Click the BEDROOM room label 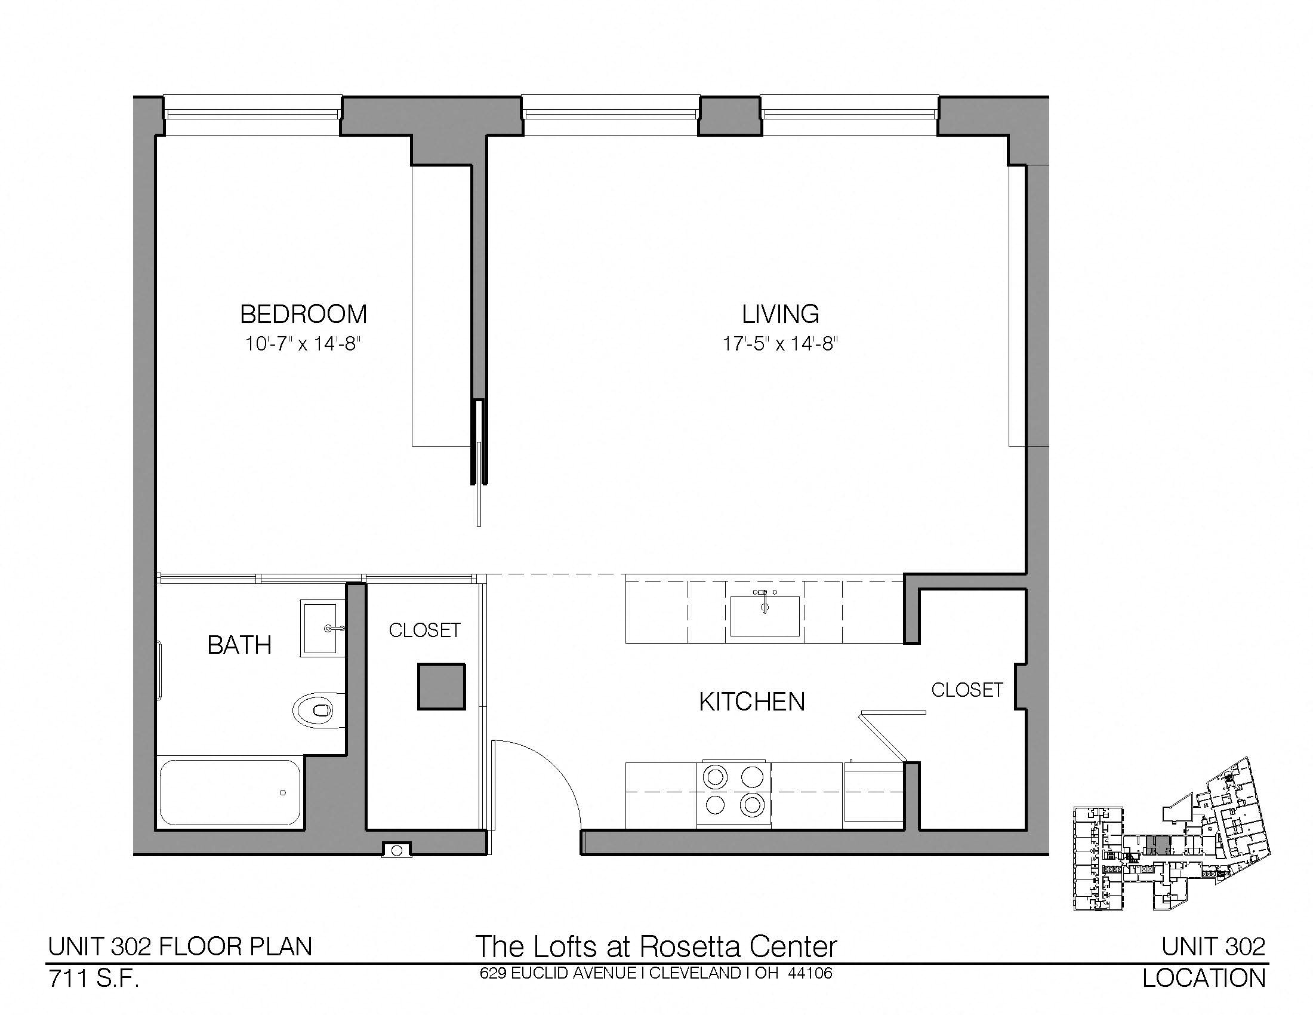pyautogui.click(x=304, y=314)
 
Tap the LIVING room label pyautogui.click(x=780, y=314)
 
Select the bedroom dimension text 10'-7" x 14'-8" pyautogui.click(x=303, y=344)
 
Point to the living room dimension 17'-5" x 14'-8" pyautogui.click(x=781, y=344)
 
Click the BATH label pyautogui.click(x=239, y=645)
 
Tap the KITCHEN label pyautogui.click(x=751, y=702)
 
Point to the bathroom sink pyautogui.click(x=322, y=628)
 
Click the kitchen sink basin pyautogui.click(x=765, y=616)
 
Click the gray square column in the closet pyautogui.click(x=442, y=687)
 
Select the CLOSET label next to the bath pyautogui.click(x=424, y=630)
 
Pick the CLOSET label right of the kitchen pyautogui.click(x=967, y=690)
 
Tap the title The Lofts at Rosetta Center pyautogui.click(x=656, y=946)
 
